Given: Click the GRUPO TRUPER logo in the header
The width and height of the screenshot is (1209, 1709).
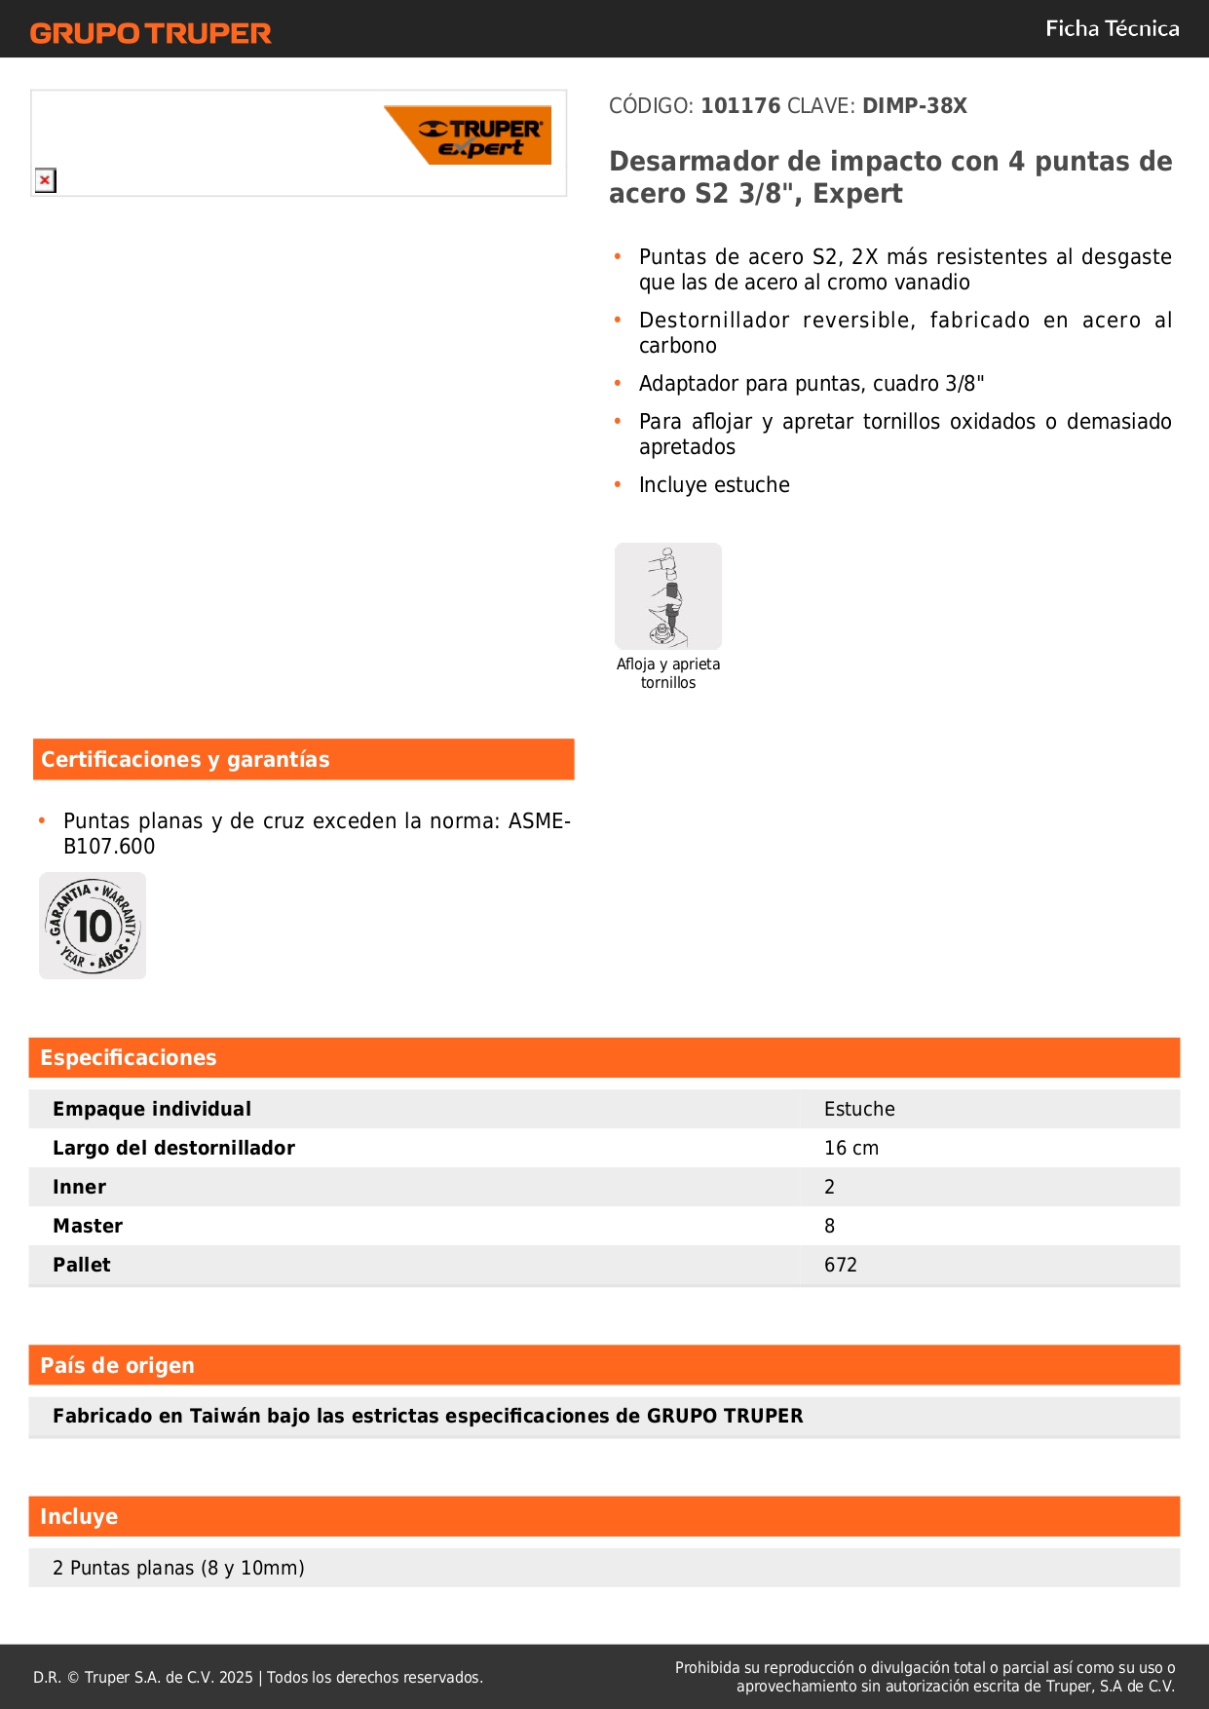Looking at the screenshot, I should tap(151, 33).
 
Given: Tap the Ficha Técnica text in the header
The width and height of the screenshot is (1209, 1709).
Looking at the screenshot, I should tap(1112, 29).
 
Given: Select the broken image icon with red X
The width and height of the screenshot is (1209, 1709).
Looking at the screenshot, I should tap(45, 180).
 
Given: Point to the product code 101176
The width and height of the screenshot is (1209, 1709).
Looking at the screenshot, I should tap(740, 106).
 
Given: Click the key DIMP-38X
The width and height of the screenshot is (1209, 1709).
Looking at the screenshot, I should tap(914, 106).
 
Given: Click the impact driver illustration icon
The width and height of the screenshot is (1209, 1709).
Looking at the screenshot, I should tap(668, 596).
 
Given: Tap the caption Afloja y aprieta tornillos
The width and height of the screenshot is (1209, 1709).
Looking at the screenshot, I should tap(668, 673).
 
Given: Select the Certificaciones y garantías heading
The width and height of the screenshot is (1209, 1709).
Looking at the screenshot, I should tap(185, 760).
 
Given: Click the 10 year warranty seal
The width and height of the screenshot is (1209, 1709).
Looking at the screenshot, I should tap(93, 926).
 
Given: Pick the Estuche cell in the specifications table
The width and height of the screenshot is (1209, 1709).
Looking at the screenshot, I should tap(859, 1109).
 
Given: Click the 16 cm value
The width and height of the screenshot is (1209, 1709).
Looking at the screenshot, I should tap(851, 1148).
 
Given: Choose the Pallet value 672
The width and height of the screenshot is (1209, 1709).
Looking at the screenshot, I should tap(841, 1265).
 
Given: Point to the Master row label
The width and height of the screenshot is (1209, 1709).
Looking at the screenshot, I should tap(88, 1226).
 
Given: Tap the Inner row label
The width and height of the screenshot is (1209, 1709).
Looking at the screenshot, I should tap(79, 1187).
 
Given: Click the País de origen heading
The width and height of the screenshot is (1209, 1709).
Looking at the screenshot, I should tap(117, 1366).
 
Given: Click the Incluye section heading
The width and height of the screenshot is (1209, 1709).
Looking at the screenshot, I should tap(79, 1517).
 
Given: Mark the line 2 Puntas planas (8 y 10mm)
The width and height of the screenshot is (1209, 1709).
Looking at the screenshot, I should tap(178, 1568).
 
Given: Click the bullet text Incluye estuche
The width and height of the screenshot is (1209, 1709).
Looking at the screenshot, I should tap(714, 485).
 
